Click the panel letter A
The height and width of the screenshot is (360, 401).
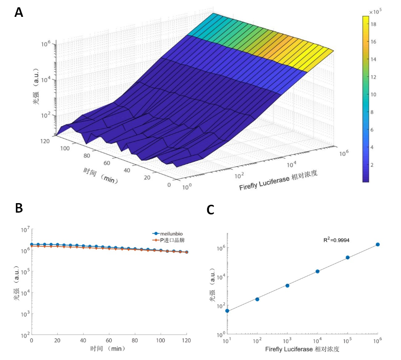pos(19,12)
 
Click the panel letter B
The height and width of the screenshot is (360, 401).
pos(19,208)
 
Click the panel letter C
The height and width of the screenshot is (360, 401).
pos(211,210)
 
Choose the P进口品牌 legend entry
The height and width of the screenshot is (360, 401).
pos(172,240)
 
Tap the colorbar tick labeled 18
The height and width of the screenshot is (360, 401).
pos(373,24)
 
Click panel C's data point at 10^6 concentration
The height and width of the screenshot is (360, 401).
pos(378,245)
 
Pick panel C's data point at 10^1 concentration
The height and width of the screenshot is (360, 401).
pos(227,311)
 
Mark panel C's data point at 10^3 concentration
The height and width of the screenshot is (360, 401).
pos(287,286)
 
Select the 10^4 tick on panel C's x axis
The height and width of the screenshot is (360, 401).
pos(318,341)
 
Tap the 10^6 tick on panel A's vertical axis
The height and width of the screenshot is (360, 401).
pos(45,44)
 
